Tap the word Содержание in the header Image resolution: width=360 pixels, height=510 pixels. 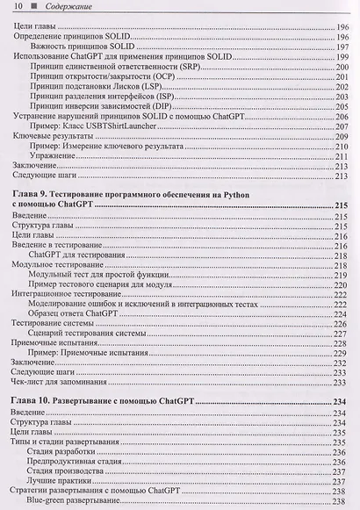pos(61,8)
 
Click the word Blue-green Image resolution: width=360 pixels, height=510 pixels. pos(52,502)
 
